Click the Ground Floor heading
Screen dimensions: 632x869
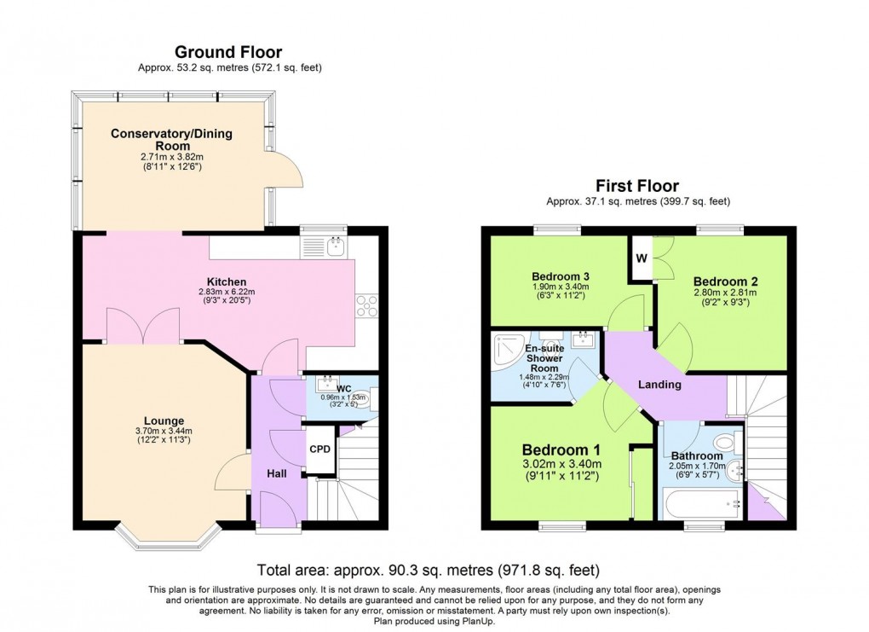(228, 52)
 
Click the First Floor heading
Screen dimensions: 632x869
(637, 186)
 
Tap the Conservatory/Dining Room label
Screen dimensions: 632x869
(171, 140)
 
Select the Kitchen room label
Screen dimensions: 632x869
(227, 282)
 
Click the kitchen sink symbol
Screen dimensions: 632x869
(333, 246)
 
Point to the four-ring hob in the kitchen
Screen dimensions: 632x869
(368, 305)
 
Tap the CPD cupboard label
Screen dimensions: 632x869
(319, 449)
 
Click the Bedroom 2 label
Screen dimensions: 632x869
(725, 281)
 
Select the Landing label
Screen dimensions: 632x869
(660, 385)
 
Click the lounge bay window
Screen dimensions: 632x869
(168, 536)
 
